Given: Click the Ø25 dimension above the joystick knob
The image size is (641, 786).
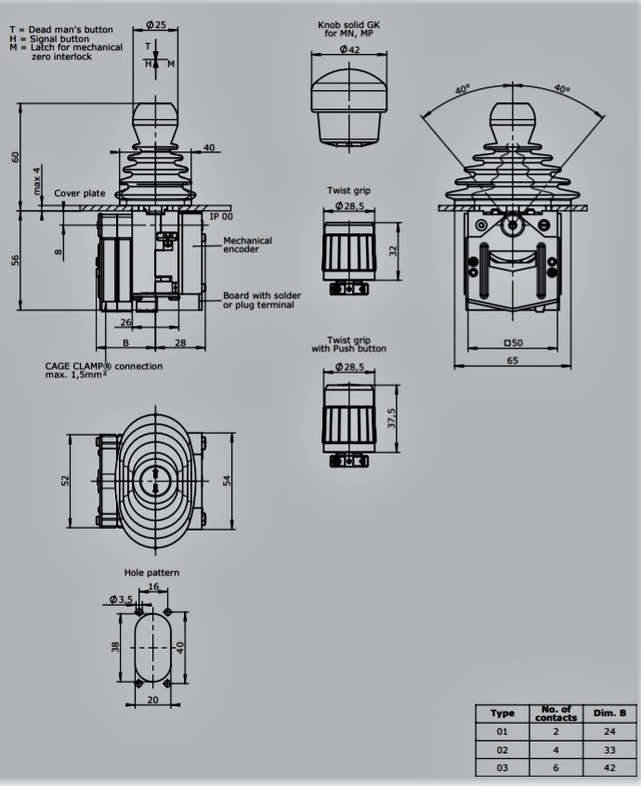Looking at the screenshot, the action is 156,24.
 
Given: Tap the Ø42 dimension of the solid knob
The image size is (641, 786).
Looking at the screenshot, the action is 349,49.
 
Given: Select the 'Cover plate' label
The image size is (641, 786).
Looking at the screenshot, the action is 80,193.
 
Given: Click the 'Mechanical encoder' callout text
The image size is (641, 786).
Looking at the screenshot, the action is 248,244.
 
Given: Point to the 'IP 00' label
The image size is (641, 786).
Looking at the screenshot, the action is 221,216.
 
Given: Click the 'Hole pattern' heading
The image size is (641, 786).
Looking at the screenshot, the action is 151,572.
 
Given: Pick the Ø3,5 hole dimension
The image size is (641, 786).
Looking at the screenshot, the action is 121,599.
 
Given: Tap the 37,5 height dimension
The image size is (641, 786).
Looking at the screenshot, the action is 391,418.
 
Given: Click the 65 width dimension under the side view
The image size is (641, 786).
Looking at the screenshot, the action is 512,360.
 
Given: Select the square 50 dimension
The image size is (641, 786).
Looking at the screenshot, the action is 513,343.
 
